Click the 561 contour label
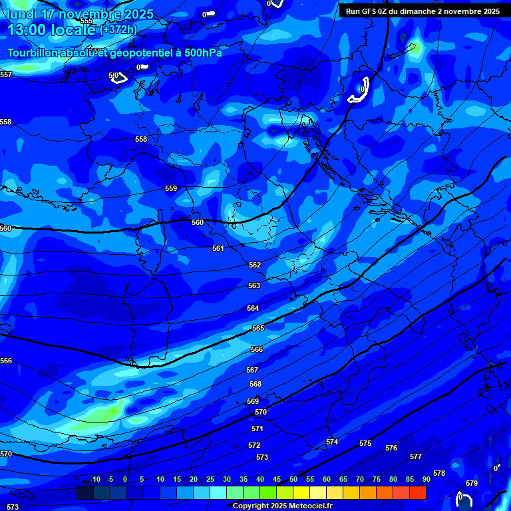[x=218, y=248]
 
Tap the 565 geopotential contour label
[x=258, y=328]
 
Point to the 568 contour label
[x=255, y=384]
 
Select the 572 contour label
[x=254, y=445]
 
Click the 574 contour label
[x=332, y=442]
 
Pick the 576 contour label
[x=391, y=448]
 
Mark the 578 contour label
[x=439, y=473]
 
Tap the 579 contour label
[x=472, y=483]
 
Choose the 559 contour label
[x=171, y=188]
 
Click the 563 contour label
[x=254, y=285]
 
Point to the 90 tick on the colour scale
[x=426, y=479]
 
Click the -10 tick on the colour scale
[x=94, y=479]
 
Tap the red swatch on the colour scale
[x=418, y=492]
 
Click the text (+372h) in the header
[x=118, y=29]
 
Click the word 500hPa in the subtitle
[x=203, y=53]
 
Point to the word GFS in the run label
[x=370, y=11]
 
